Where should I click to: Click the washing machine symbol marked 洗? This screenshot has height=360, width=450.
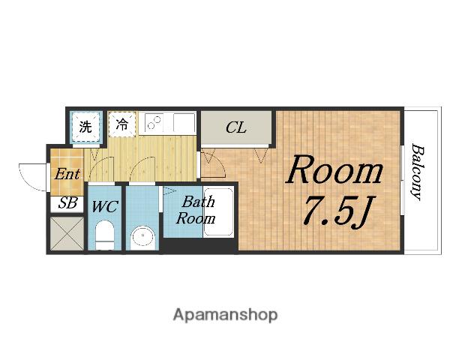[x=86, y=126]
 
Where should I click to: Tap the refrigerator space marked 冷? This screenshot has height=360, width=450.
[x=122, y=124]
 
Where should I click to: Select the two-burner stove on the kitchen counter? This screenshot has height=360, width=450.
[x=154, y=122]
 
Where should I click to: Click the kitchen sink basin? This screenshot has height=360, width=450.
[x=184, y=122]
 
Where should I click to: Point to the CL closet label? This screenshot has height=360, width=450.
[x=236, y=127]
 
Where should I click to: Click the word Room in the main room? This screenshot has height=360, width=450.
[x=335, y=169]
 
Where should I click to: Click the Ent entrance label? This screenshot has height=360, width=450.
[x=67, y=174]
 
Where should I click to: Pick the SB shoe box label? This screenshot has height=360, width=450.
[x=67, y=203]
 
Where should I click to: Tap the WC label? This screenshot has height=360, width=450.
[x=105, y=206]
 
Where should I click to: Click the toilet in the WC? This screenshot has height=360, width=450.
[x=105, y=235]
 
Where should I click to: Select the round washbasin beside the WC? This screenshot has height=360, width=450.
[x=143, y=238]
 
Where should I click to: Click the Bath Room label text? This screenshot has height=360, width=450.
[x=196, y=210]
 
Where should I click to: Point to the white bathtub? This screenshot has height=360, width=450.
[x=218, y=211]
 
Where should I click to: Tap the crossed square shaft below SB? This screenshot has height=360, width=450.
[x=67, y=233]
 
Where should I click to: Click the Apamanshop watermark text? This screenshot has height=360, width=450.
[x=225, y=315]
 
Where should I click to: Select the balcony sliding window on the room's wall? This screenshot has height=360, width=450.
[x=402, y=180]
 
